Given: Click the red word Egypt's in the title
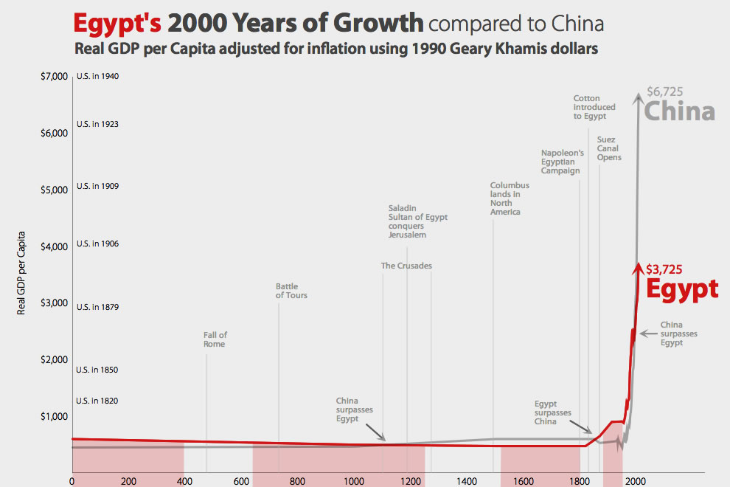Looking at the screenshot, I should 117,24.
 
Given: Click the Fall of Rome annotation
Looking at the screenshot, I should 215,339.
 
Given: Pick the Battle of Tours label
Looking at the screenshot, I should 291,291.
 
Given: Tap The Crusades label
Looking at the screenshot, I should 406,266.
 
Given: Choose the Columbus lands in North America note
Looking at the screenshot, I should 510,198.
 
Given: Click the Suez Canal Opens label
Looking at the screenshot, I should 609,148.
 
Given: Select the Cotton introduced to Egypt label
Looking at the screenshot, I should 589,107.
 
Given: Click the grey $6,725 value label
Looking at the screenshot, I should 664,92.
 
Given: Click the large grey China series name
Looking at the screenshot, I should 679,111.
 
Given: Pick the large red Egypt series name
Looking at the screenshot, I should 682,289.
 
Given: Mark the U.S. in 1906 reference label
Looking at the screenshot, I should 97,243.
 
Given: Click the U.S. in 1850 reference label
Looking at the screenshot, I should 97,370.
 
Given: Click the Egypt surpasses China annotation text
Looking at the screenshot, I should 552,412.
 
